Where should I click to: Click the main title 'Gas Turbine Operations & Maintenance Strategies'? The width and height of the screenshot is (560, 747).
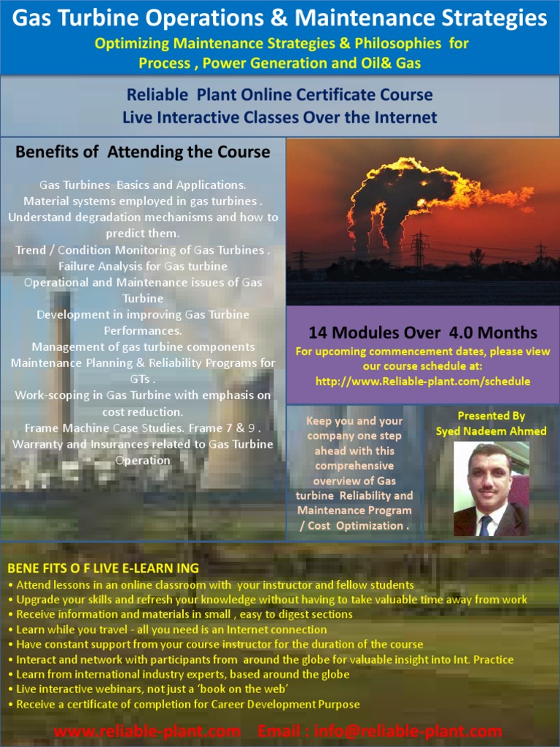(280, 18)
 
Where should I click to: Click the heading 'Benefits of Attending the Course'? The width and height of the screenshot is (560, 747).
(143, 152)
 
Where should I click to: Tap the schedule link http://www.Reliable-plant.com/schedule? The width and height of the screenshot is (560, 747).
(423, 382)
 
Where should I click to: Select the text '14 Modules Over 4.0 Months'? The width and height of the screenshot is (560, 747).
(423, 333)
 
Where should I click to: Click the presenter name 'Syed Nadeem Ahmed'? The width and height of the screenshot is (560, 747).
(491, 431)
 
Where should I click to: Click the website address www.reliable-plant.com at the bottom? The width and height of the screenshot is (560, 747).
(148, 731)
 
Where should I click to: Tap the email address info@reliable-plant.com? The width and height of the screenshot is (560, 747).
(408, 731)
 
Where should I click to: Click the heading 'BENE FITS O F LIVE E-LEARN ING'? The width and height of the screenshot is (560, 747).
(103, 568)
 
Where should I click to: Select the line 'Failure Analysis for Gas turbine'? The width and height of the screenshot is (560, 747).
(143, 266)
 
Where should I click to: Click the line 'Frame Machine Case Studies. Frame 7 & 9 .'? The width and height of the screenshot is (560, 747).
(143, 428)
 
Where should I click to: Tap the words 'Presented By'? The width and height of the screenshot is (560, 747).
(491, 416)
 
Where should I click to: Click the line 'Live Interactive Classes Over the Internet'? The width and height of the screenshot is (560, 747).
(280, 117)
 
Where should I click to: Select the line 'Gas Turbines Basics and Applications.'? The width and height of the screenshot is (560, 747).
(143, 185)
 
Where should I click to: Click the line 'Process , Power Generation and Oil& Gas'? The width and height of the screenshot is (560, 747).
(280, 63)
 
